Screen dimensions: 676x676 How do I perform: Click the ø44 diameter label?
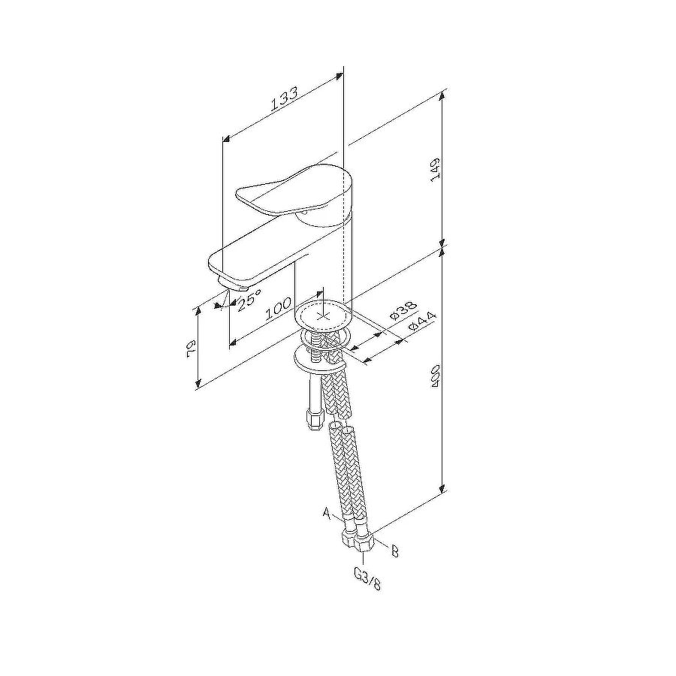pos(423,324)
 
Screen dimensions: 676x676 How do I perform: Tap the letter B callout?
pos(394,551)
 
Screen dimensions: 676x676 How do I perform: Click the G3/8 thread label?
pos(367,578)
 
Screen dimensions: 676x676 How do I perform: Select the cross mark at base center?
pos(324,315)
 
